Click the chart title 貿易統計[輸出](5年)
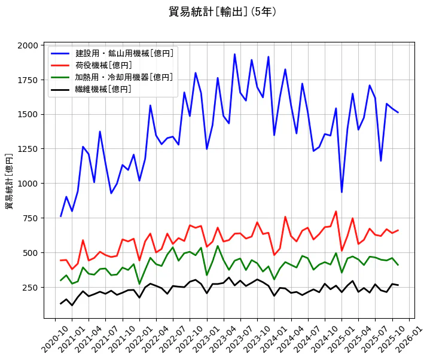pos(222,11)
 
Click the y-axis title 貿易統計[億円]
pos(9,181)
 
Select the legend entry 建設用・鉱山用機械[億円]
pos(124,53)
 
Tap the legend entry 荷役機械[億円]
pos(103,65)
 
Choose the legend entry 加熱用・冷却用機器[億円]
pos(124,77)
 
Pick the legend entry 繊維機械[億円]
pos(103,89)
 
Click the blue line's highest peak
pos(234,54)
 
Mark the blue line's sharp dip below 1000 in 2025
pos(341,192)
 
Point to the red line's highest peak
pos(336,211)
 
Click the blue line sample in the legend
pos(60,53)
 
